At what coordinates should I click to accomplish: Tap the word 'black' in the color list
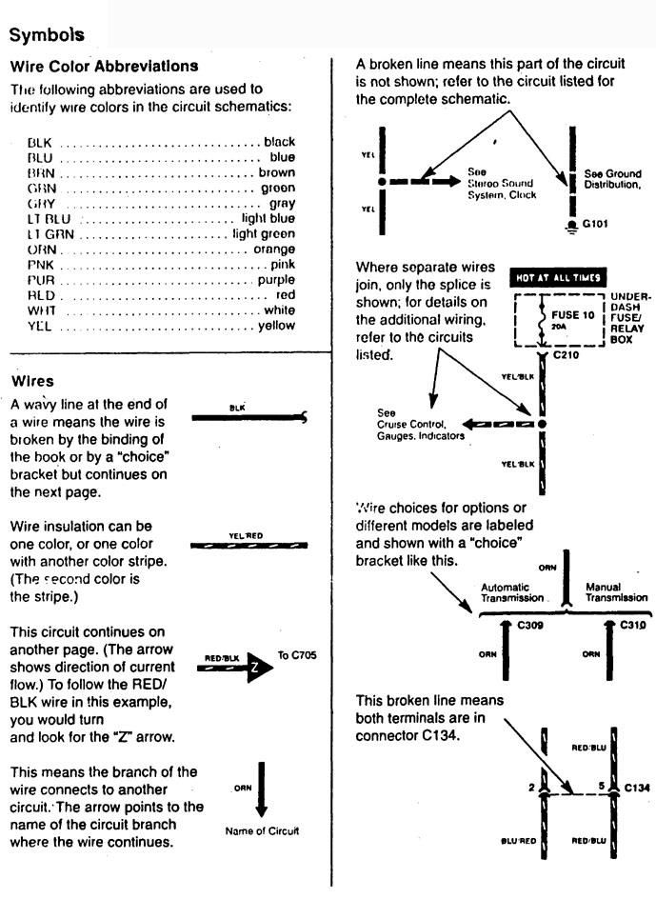pos(279,142)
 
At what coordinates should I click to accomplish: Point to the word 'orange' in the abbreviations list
pos(274,249)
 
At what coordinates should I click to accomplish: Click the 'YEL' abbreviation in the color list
pos(38,326)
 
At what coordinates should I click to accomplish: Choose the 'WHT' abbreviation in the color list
pos(39,310)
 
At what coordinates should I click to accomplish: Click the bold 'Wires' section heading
pos(32,382)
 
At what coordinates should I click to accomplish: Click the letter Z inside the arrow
pos(254,669)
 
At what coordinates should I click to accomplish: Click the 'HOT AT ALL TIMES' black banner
pos(559,277)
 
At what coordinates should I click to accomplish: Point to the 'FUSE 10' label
pos(571,312)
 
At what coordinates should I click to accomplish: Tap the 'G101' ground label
pos(595,226)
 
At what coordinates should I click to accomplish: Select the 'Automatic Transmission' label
pos(512,592)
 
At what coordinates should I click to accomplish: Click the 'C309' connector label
pos(529,625)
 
